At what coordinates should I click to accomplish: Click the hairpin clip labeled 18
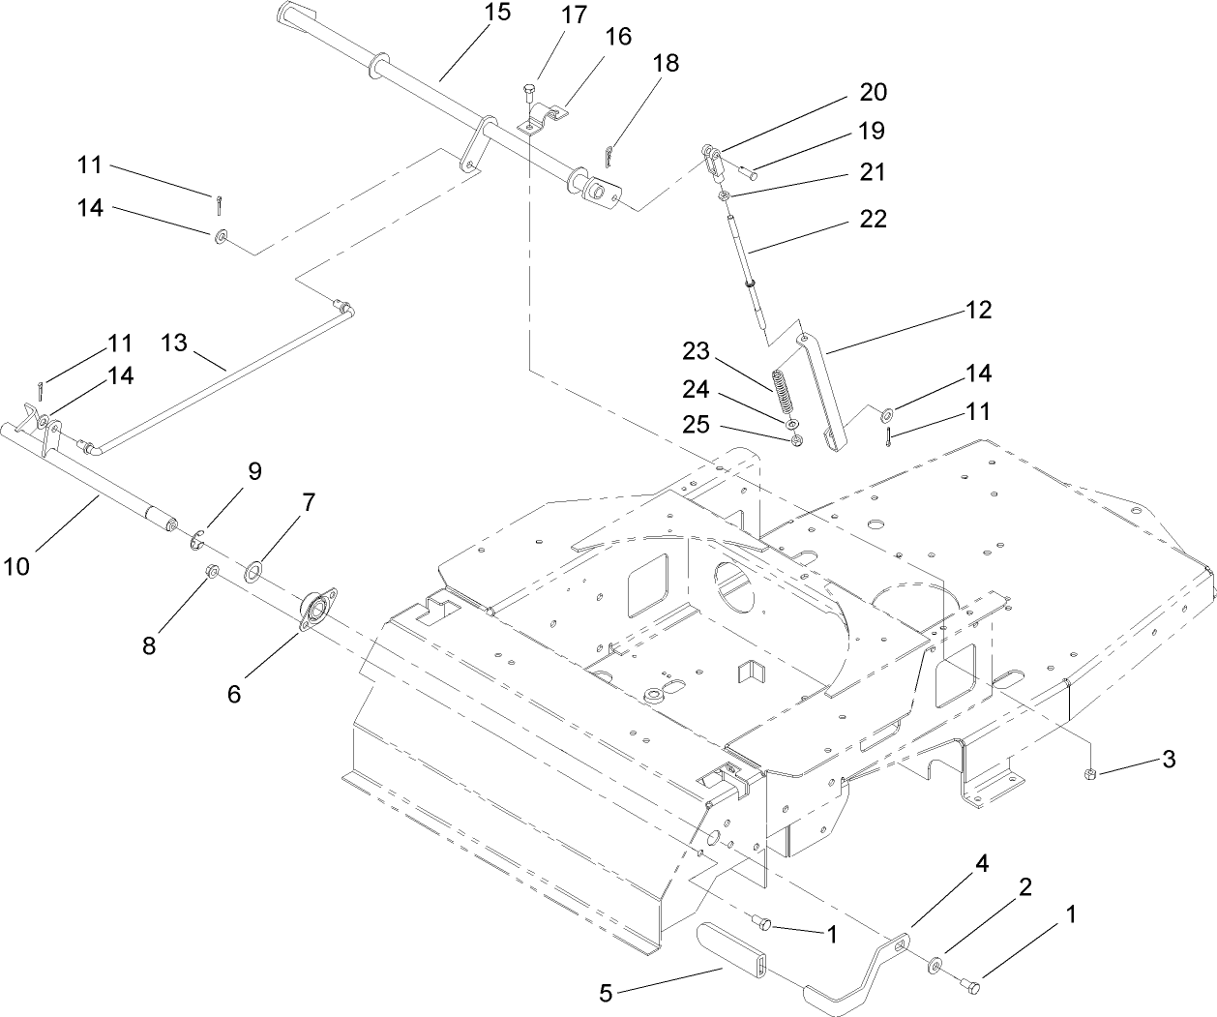tap(608, 155)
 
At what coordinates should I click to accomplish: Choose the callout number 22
tap(873, 220)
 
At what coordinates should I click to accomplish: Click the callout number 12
tap(978, 310)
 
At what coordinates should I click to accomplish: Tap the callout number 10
tap(16, 565)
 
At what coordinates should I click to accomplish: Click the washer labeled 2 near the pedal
tap(938, 964)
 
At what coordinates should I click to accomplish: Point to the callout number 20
tap(873, 92)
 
